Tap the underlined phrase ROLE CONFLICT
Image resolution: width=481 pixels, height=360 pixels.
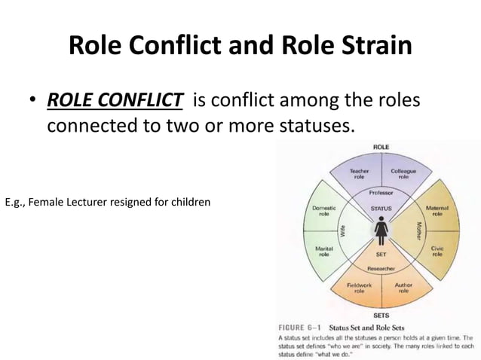click(x=115, y=100)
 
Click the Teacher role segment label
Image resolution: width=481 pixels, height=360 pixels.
click(x=359, y=174)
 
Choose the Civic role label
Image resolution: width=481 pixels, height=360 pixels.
click(x=437, y=251)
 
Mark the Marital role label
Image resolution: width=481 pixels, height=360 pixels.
click(x=323, y=251)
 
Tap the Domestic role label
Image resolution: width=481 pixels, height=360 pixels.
click(x=323, y=210)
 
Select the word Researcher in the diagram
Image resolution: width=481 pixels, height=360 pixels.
click(x=381, y=268)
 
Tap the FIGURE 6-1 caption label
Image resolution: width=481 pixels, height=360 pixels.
click(x=305, y=327)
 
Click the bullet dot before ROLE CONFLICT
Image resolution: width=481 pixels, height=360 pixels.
click(x=34, y=102)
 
